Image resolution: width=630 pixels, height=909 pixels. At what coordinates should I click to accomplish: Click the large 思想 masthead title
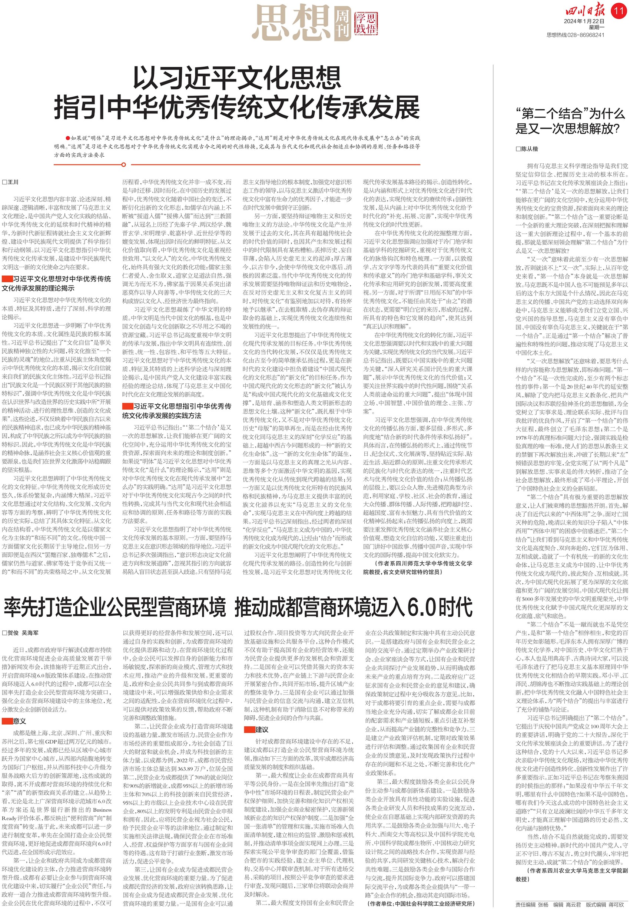click(x=292, y=22)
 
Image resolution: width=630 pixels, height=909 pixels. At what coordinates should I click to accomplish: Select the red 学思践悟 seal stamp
click(x=365, y=22)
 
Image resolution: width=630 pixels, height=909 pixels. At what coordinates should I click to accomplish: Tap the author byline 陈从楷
click(x=527, y=149)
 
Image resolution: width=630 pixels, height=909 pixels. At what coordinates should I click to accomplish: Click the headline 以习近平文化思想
click(x=237, y=78)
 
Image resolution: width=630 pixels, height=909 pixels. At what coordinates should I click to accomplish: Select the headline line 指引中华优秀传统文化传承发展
click(x=237, y=107)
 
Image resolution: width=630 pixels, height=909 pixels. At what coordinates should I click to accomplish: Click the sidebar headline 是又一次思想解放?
click(x=567, y=128)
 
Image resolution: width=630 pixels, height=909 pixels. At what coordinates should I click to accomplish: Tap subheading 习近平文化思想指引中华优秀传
click(x=182, y=406)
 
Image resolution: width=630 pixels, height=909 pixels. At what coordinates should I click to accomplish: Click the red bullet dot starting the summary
click(x=68, y=138)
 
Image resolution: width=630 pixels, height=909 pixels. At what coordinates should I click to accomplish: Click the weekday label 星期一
click(x=596, y=28)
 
